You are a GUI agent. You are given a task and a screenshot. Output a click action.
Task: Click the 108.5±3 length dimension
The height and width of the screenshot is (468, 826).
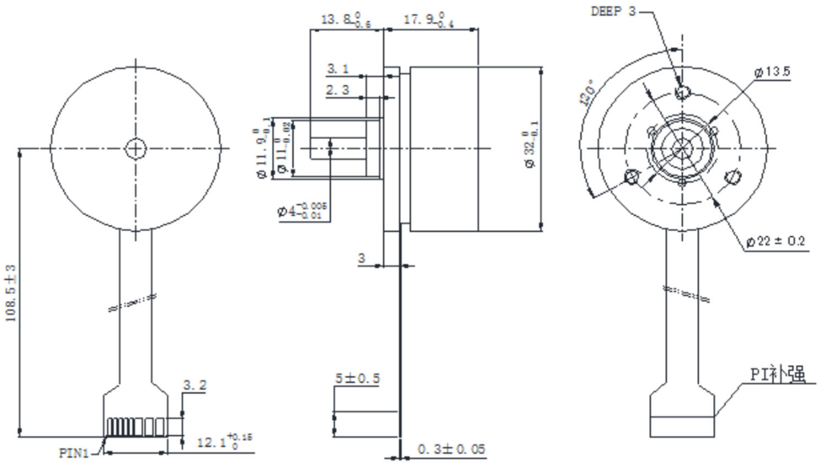coord(11,293)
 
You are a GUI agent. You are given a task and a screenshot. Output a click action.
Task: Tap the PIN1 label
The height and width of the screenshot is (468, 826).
coord(74,453)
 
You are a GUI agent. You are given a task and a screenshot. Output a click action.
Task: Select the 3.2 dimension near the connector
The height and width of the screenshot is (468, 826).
coord(194,385)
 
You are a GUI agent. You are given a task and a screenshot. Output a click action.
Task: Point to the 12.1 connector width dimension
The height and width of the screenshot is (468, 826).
coord(223,442)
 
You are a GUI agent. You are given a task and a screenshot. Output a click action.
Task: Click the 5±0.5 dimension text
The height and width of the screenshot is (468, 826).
coord(357,378)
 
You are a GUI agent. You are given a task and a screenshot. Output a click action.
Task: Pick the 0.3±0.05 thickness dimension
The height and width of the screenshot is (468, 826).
coord(451,449)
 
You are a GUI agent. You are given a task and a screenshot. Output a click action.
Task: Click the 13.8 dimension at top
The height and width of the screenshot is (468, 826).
coord(345,20)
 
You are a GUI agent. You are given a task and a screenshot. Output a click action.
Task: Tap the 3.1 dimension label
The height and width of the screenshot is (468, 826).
coord(338,69)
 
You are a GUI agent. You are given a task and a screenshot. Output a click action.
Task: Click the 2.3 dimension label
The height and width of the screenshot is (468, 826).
coord(337,90)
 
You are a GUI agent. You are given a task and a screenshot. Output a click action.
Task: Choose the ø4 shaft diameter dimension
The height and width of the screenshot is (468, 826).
coord(302,210)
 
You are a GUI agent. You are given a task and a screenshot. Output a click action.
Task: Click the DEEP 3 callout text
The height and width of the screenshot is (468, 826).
coord(612,11)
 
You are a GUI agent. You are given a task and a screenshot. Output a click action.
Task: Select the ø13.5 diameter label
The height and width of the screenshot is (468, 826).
coord(772,72)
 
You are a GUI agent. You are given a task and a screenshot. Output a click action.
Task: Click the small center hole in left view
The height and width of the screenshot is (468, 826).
coord(135,148)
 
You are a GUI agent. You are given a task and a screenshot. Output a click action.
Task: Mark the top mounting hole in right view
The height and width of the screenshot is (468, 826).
coord(682,92)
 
